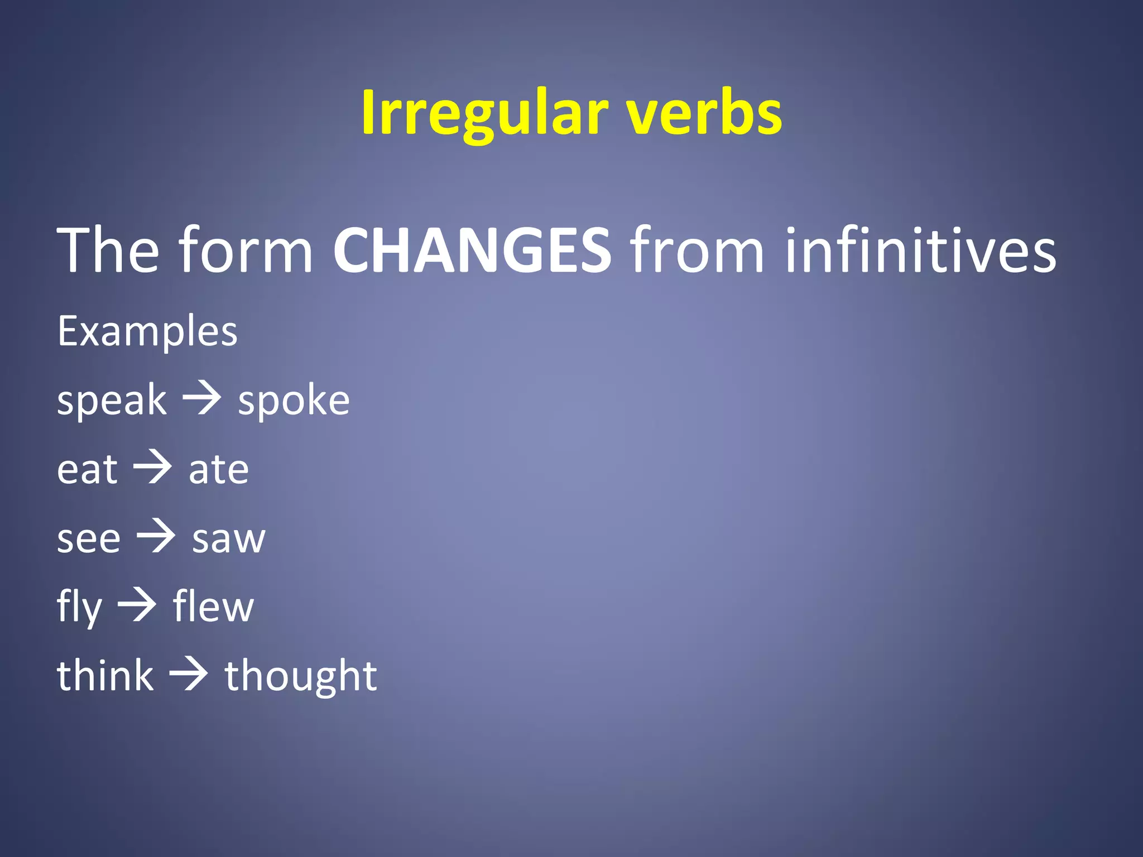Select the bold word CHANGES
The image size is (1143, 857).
[x=472, y=251]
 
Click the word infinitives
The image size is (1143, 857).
[x=920, y=251]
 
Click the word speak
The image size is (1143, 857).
[x=112, y=401]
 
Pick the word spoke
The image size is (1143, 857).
[x=294, y=401]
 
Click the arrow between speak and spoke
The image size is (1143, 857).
[x=202, y=399]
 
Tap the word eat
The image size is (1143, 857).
[x=87, y=470]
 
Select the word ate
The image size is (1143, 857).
[x=219, y=470]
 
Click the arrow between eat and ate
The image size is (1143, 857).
[x=152, y=468]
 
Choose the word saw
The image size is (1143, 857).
[x=229, y=539]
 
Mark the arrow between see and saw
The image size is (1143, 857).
[x=156, y=536]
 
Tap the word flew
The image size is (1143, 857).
[x=213, y=607]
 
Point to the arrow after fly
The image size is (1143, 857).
[x=137, y=605]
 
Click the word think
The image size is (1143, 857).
[x=105, y=676]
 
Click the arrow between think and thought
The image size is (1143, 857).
[x=189, y=674]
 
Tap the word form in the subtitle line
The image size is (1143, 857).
[x=246, y=251]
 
